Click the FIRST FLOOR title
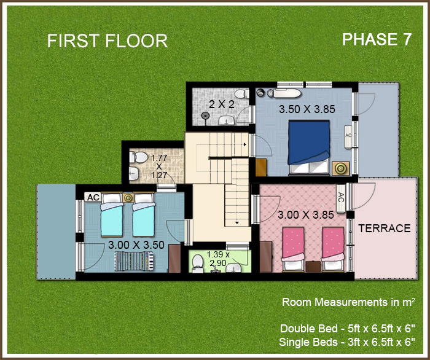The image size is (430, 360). click(107, 41)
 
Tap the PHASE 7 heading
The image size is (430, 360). click(377, 39)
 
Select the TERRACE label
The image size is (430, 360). click(384, 229)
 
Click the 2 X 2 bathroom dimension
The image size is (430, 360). click(222, 104)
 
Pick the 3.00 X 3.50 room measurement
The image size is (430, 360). click(136, 245)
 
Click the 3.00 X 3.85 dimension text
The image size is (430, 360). click(305, 216)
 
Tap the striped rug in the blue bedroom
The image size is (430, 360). click(135, 262)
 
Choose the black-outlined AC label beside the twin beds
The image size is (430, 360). click(93, 197)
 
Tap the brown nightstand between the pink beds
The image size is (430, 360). click(313, 266)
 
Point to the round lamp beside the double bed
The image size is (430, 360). click(340, 168)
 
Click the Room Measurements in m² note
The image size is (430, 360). click(348, 302)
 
